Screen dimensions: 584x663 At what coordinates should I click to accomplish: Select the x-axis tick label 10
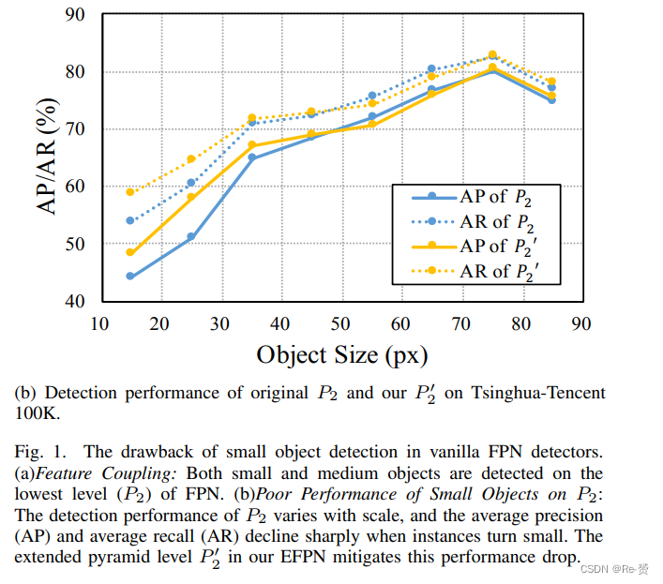pyautogui.click(x=101, y=322)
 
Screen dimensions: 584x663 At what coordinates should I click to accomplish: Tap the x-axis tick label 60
pyautogui.click(x=400, y=322)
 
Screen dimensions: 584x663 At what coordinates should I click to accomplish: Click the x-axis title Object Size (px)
pyautogui.click(x=341, y=355)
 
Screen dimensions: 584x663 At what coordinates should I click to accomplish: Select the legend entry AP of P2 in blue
pyautogui.click(x=497, y=197)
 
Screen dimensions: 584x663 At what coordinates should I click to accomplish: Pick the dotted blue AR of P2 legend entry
pyautogui.click(x=497, y=222)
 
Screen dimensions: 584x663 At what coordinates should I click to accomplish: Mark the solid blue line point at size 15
pyautogui.click(x=130, y=277)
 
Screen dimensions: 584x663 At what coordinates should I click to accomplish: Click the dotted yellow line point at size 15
pyautogui.click(x=130, y=192)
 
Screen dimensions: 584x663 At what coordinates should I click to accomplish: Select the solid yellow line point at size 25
pyautogui.click(x=190, y=197)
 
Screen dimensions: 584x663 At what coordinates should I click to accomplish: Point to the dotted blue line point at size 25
pyautogui.click(x=190, y=183)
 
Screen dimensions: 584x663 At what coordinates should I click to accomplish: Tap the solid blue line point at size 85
pyautogui.click(x=551, y=99)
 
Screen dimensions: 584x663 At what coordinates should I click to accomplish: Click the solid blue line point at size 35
pyautogui.click(x=251, y=158)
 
